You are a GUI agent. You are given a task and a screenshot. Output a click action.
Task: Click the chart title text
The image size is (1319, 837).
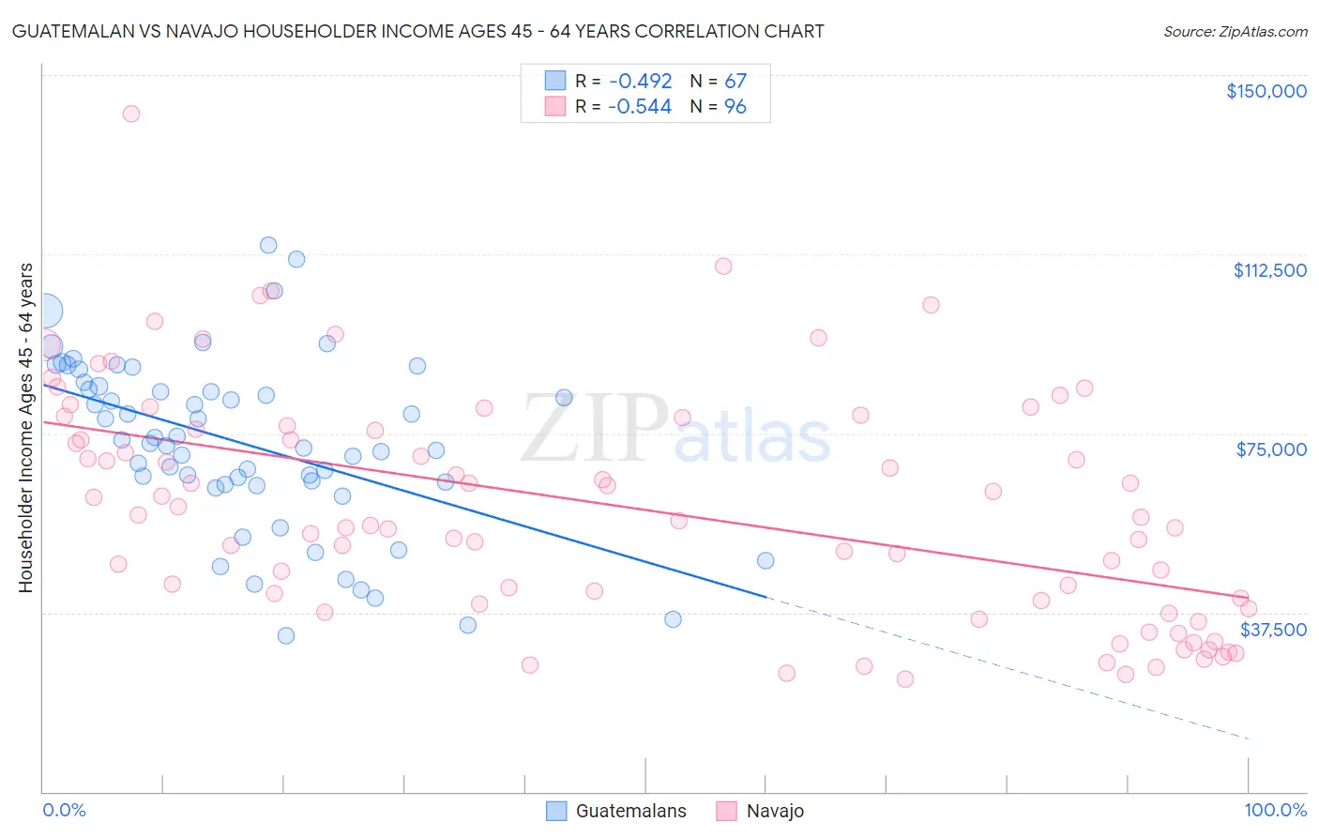point(417,31)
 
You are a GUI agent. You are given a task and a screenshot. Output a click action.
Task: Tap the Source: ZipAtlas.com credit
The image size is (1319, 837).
point(1235,31)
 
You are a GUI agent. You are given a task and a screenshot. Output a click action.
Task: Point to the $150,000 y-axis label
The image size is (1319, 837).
point(1266,91)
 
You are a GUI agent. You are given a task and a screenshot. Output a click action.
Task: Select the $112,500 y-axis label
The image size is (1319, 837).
point(1268,270)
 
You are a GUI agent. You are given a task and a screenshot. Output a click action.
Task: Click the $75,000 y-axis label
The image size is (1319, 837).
point(1270,449)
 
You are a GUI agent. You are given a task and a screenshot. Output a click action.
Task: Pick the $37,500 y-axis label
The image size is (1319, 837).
point(1272,630)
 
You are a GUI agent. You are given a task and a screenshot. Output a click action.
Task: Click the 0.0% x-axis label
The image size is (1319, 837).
point(64,810)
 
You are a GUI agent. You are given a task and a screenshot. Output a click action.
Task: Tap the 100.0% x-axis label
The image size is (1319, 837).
point(1275,810)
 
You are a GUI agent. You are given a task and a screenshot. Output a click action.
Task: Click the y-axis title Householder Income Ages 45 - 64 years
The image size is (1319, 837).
point(25,428)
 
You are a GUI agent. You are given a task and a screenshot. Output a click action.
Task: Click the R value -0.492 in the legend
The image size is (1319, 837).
point(640,81)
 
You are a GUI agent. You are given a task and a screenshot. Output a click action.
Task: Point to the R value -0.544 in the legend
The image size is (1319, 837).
point(640,107)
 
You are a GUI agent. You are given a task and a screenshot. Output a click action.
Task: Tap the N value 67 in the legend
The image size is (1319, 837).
point(735,81)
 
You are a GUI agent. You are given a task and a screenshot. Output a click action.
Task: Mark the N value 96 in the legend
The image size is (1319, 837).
point(735,107)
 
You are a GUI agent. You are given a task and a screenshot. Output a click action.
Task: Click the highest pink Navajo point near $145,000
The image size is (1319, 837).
point(131,114)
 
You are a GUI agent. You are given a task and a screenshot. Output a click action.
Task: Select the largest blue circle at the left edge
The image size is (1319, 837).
point(44,311)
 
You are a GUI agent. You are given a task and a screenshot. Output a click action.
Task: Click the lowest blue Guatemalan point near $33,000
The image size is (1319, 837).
point(286,635)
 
